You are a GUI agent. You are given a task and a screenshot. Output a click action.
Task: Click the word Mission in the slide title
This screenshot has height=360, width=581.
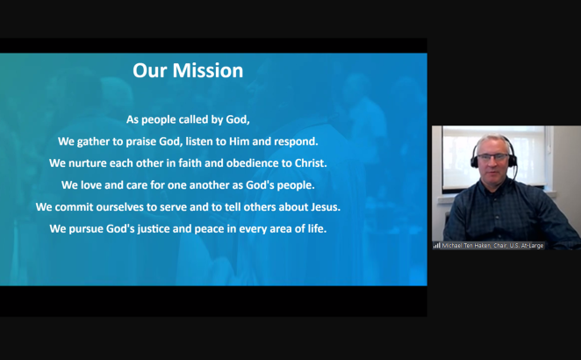pos(208,70)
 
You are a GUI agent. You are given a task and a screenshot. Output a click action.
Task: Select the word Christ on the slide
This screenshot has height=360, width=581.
pos(311,162)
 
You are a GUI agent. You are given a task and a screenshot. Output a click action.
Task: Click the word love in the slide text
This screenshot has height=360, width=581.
pos(91,184)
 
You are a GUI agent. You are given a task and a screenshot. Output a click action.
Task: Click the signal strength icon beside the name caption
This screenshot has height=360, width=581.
pos(437,246)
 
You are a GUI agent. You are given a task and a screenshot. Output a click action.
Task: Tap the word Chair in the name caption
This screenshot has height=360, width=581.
pos(500,246)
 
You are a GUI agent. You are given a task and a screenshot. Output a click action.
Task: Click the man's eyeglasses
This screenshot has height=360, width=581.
pos(493,157)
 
